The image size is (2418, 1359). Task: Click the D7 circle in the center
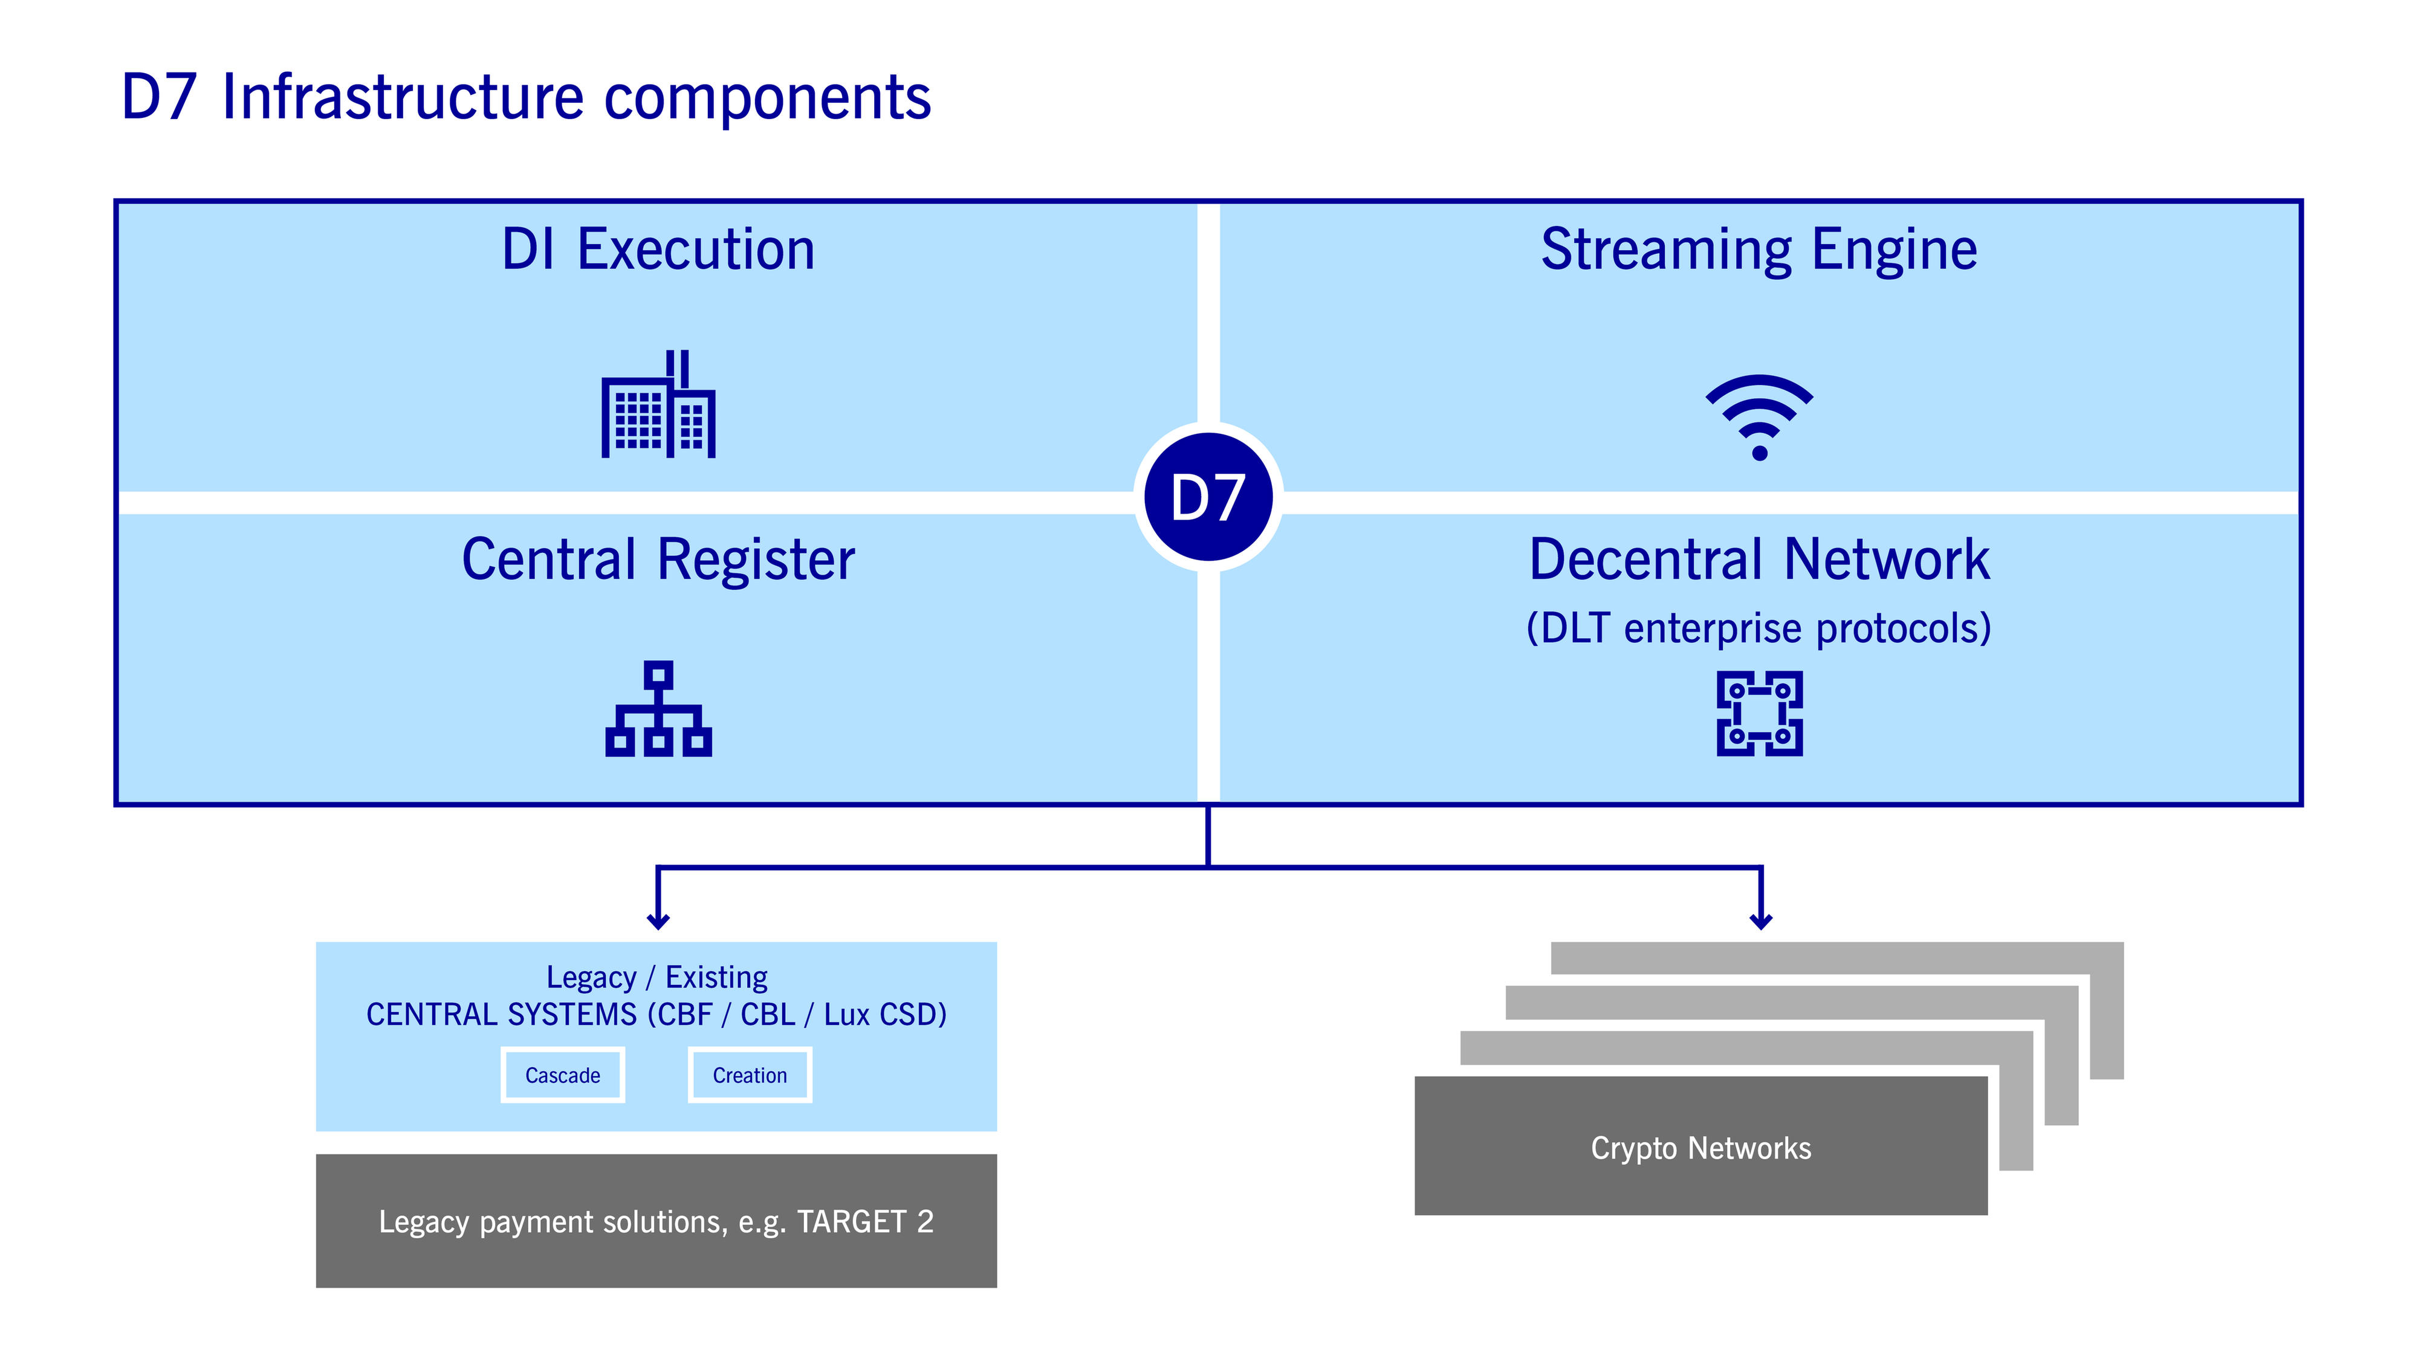coord(1208,497)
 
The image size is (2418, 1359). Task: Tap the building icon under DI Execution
coord(658,405)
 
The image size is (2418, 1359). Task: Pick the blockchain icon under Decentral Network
coord(1759,713)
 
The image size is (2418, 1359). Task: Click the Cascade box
coord(562,1074)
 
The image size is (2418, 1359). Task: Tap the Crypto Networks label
coord(1701,1148)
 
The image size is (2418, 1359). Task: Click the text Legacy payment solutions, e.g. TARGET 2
coord(656,1221)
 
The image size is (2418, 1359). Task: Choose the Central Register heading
coord(658,560)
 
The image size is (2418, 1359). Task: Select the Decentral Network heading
coord(1759,560)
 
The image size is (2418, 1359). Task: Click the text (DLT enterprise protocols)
coord(1759,628)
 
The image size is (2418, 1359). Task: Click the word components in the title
coord(767,98)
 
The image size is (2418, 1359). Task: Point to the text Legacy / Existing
coord(656,977)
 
